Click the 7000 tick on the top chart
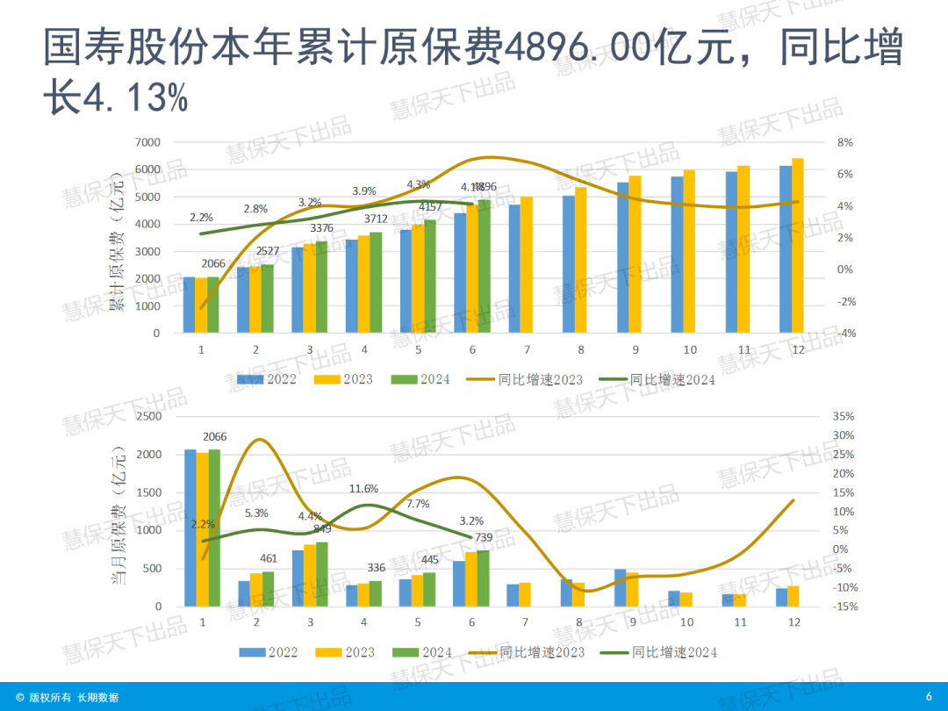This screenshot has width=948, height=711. point(147,142)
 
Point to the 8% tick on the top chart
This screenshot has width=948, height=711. point(844,142)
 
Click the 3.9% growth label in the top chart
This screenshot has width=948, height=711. point(364,190)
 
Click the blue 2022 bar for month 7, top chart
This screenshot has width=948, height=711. point(514,269)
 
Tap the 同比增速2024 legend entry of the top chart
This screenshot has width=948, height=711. point(657,380)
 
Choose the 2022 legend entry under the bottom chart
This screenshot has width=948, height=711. point(270,652)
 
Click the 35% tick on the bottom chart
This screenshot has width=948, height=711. point(843,417)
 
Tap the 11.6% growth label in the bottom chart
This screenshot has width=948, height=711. point(363,488)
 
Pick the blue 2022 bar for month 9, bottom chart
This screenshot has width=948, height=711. point(621,587)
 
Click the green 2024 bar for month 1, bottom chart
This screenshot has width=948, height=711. point(214,528)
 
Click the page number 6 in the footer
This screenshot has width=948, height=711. point(929,697)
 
